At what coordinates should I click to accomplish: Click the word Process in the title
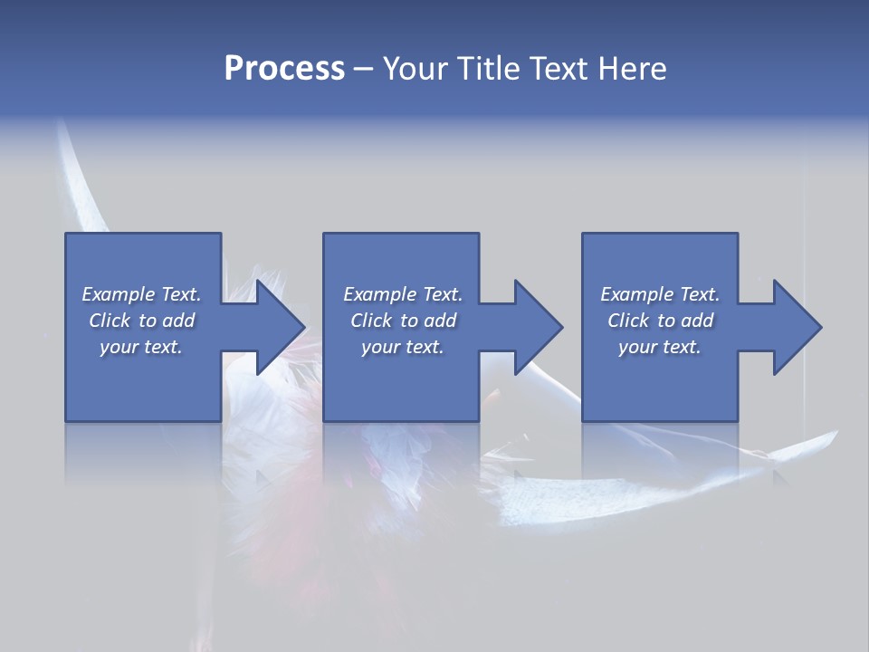pyautogui.click(x=284, y=68)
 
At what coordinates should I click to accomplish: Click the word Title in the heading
pyautogui.click(x=484, y=68)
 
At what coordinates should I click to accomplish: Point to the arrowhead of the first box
pyautogui.click(x=282, y=327)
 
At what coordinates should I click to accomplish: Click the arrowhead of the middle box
pyautogui.click(x=540, y=327)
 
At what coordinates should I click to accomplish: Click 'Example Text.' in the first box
pyautogui.click(x=141, y=294)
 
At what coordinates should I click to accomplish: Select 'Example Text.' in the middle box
pyautogui.click(x=403, y=294)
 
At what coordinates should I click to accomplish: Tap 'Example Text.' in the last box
pyautogui.click(x=660, y=294)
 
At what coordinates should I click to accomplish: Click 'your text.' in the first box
pyautogui.click(x=141, y=347)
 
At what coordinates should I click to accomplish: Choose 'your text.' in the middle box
pyautogui.click(x=403, y=347)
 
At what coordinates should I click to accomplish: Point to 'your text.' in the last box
pyautogui.click(x=660, y=347)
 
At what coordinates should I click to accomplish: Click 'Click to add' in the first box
pyautogui.click(x=141, y=321)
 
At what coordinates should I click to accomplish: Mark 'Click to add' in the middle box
pyautogui.click(x=403, y=321)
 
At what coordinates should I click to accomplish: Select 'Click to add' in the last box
pyautogui.click(x=660, y=321)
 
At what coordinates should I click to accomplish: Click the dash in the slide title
pyautogui.click(x=364, y=68)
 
